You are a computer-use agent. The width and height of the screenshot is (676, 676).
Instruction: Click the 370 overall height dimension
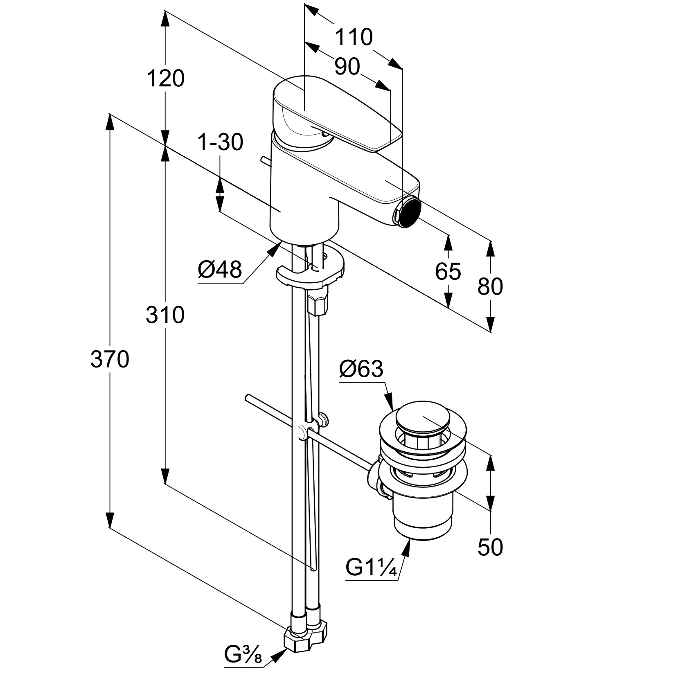[x=110, y=360]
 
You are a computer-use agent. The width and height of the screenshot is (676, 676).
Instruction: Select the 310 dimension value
[x=165, y=315]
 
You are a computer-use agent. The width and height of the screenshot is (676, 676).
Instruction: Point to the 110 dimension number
[x=354, y=37]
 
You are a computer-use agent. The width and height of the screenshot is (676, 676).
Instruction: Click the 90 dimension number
[x=347, y=66]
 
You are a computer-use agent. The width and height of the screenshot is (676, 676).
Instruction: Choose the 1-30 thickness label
[x=220, y=142]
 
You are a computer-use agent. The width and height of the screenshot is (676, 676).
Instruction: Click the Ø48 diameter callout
[x=220, y=270]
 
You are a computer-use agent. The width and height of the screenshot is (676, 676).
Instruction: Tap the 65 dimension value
[x=448, y=271]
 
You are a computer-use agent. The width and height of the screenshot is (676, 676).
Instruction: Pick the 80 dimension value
[x=490, y=286]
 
